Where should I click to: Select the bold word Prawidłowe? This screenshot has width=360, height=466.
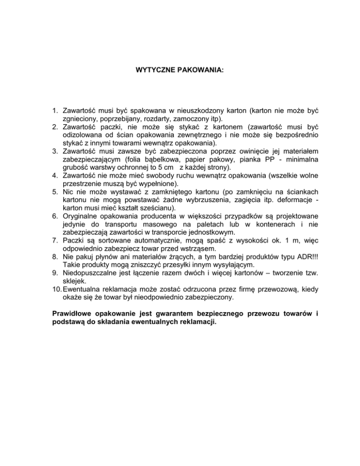70,314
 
